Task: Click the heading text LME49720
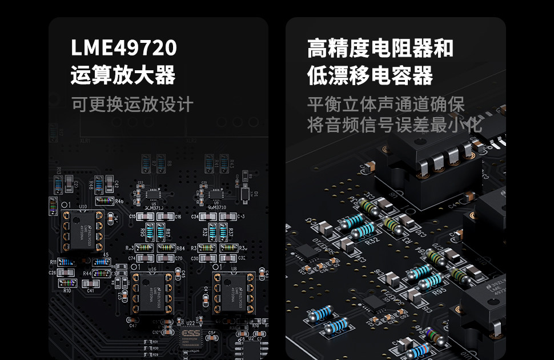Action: click(124, 49)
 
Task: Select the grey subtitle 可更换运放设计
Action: click(133, 105)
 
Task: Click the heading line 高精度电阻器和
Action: click(380, 49)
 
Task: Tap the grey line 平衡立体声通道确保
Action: click(386, 105)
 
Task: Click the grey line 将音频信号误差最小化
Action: click(395, 125)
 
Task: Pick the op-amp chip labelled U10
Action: click(82, 230)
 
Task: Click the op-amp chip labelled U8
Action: click(234, 293)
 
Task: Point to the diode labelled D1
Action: click(245, 194)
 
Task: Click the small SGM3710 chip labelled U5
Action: click(151, 193)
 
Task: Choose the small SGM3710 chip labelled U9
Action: click(215, 193)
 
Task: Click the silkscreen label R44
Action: click(87, 274)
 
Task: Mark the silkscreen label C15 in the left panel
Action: click(133, 217)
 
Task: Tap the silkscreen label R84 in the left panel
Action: click(180, 248)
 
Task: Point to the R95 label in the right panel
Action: click(439, 291)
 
